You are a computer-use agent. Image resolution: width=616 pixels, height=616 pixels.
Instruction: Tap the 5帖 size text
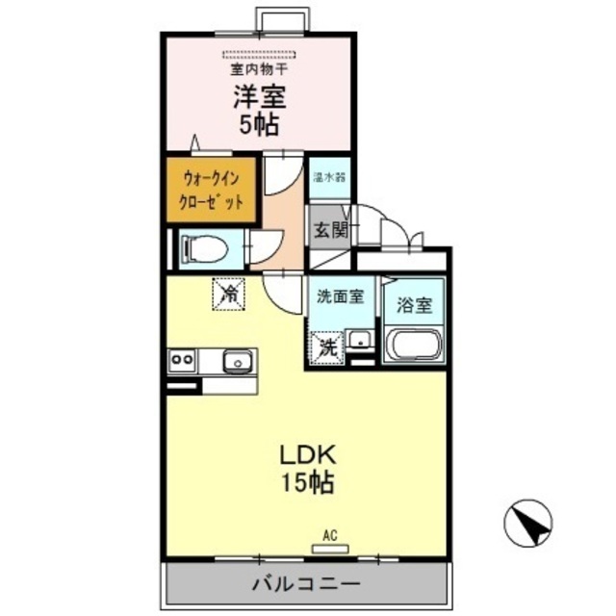(x=257, y=124)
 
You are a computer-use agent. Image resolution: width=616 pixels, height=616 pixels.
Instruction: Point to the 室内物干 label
(x=257, y=69)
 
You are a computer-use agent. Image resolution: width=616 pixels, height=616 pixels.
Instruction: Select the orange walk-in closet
(x=210, y=191)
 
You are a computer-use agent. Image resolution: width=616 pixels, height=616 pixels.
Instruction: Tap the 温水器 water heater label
(x=329, y=178)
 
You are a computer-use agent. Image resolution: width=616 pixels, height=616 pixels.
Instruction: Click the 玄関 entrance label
(x=329, y=230)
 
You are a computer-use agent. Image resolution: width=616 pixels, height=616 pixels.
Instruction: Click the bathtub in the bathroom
(x=414, y=345)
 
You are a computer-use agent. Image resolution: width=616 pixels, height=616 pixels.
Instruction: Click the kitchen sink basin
(x=237, y=362)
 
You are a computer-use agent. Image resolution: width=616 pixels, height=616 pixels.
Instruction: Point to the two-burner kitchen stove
(x=183, y=361)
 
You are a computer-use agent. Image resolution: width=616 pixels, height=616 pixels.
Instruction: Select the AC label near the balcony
(x=328, y=536)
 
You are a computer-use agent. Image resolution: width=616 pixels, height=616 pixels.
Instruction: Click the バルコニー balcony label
(x=306, y=583)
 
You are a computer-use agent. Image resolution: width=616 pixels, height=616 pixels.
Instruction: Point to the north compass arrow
(x=528, y=525)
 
